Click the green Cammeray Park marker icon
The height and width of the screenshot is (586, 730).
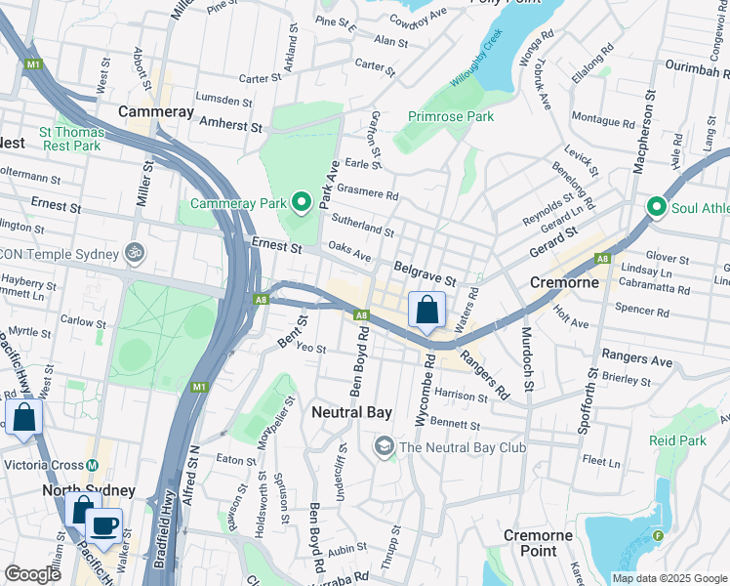click(x=303, y=203)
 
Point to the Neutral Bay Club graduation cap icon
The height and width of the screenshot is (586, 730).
click(x=384, y=447)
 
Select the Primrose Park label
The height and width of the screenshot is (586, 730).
click(x=451, y=116)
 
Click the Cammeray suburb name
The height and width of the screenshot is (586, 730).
click(x=156, y=112)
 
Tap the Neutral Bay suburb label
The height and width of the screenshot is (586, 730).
click(x=351, y=412)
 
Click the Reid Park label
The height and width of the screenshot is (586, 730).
click(x=677, y=441)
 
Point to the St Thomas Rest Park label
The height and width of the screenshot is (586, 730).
click(x=69, y=138)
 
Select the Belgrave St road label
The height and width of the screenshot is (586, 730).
click(x=425, y=273)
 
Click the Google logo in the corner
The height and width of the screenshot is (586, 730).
click(x=32, y=574)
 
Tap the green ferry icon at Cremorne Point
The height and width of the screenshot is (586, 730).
click(x=658, y=535)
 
